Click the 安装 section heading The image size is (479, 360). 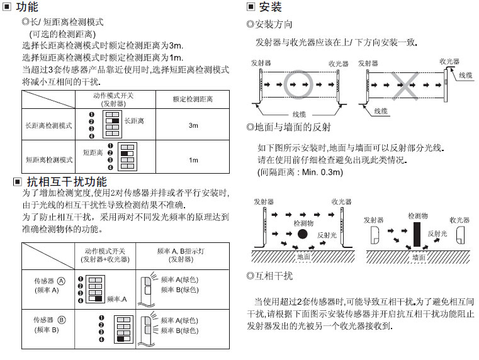[x=270, y=8]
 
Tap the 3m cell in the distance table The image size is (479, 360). [x=193, y=126]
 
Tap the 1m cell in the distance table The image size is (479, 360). [x=193, y=160]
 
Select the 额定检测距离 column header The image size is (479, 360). [x=193, y=99]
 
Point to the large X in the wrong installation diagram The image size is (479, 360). [x=407, y=84]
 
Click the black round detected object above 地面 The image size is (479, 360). [x=303, y=234]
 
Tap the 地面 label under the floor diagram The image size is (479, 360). [x=304, y=257]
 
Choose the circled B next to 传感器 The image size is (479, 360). [x=61, y=320]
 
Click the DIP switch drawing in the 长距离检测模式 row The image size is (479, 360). [x=113, y=125]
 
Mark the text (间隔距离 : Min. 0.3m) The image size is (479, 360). [x=300, y=172]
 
